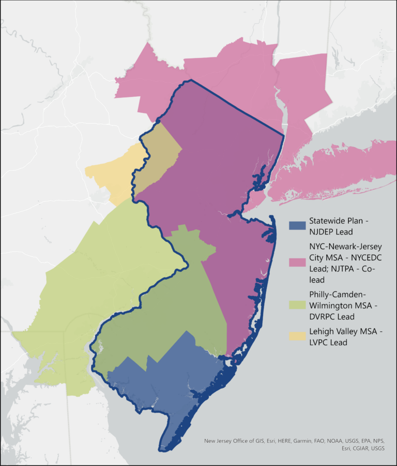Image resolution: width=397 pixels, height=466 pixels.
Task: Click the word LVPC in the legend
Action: (x=321, y=342)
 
